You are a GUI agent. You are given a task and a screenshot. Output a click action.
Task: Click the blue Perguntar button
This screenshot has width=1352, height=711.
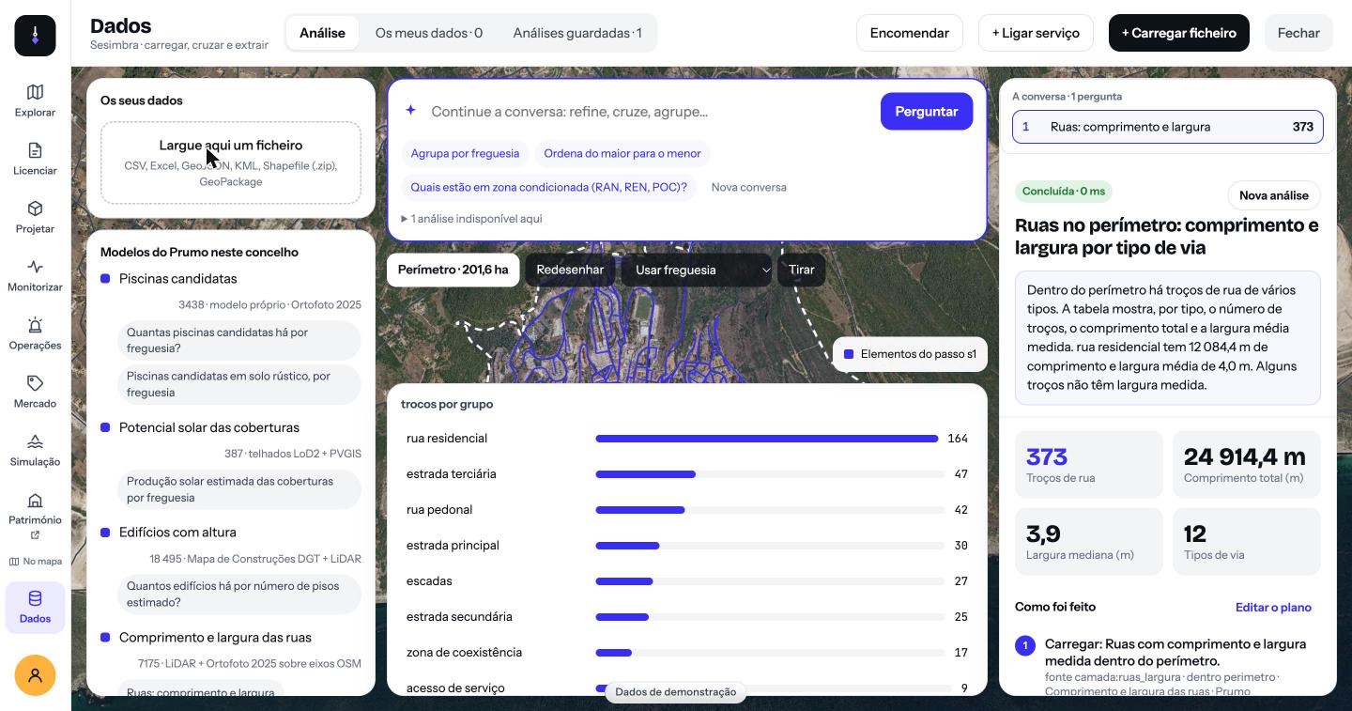(x=926, y=111)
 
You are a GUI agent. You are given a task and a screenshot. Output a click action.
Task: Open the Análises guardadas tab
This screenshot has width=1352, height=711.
(x=577, y=33)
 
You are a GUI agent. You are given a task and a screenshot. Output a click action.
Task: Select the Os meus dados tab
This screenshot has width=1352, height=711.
(x=428, y=33)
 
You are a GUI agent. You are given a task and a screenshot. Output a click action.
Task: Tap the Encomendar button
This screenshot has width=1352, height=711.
(x=909, y=33)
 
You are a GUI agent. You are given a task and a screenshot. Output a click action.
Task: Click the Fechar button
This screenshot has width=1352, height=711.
(x=1298, y=33)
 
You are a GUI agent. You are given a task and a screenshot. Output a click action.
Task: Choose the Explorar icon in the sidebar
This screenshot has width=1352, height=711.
(x=35, y=92)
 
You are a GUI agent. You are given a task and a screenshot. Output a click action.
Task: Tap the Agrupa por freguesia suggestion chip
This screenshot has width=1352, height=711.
(x=465, y=153)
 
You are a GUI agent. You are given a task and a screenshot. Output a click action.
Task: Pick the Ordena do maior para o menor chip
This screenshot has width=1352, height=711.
(x=622, y=153)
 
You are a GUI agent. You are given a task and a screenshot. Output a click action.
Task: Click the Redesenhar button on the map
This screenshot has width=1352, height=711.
(x=570, y=270)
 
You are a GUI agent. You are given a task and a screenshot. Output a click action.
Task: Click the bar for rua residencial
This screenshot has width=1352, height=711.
(x=766, y=439)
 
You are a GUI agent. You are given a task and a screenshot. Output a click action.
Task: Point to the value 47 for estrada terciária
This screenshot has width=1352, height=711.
(x=960, y=474)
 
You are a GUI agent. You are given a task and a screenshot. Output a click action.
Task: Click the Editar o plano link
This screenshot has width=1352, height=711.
(x=1273, y=607)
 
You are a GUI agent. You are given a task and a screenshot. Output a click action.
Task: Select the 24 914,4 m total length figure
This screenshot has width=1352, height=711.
(x=1244, y=456)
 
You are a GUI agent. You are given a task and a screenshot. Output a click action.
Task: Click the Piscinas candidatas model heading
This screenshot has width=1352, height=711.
(x=177, y=279)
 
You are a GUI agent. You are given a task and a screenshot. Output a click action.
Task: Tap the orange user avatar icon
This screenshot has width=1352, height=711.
(x=35, y=675)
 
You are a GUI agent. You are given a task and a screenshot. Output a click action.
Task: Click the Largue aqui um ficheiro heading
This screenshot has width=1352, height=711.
(x=231, y=146)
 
